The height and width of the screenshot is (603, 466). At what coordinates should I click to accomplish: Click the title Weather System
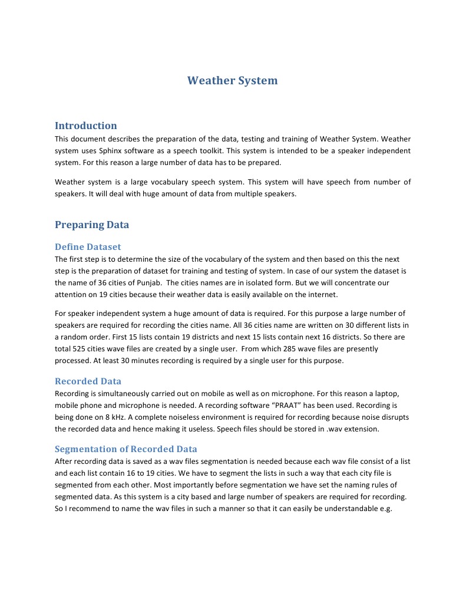pyautogui.click(x=232, y=81)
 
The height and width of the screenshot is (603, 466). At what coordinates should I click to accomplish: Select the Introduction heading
pyautogui.click(x=85, y=126)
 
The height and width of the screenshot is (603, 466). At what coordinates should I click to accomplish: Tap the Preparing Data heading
pyautogui.click(x=91, y=225)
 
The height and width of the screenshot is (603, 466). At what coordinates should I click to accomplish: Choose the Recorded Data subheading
pyautogui.click(x=88, y=381)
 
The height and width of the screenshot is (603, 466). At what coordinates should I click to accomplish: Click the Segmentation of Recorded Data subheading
pyautogui.click(x=125, y=449)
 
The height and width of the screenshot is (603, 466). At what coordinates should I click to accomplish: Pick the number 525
pyautogui.click(x=80, y=349)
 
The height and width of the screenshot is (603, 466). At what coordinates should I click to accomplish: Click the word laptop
pyautogui.click(x=391, y=393)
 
